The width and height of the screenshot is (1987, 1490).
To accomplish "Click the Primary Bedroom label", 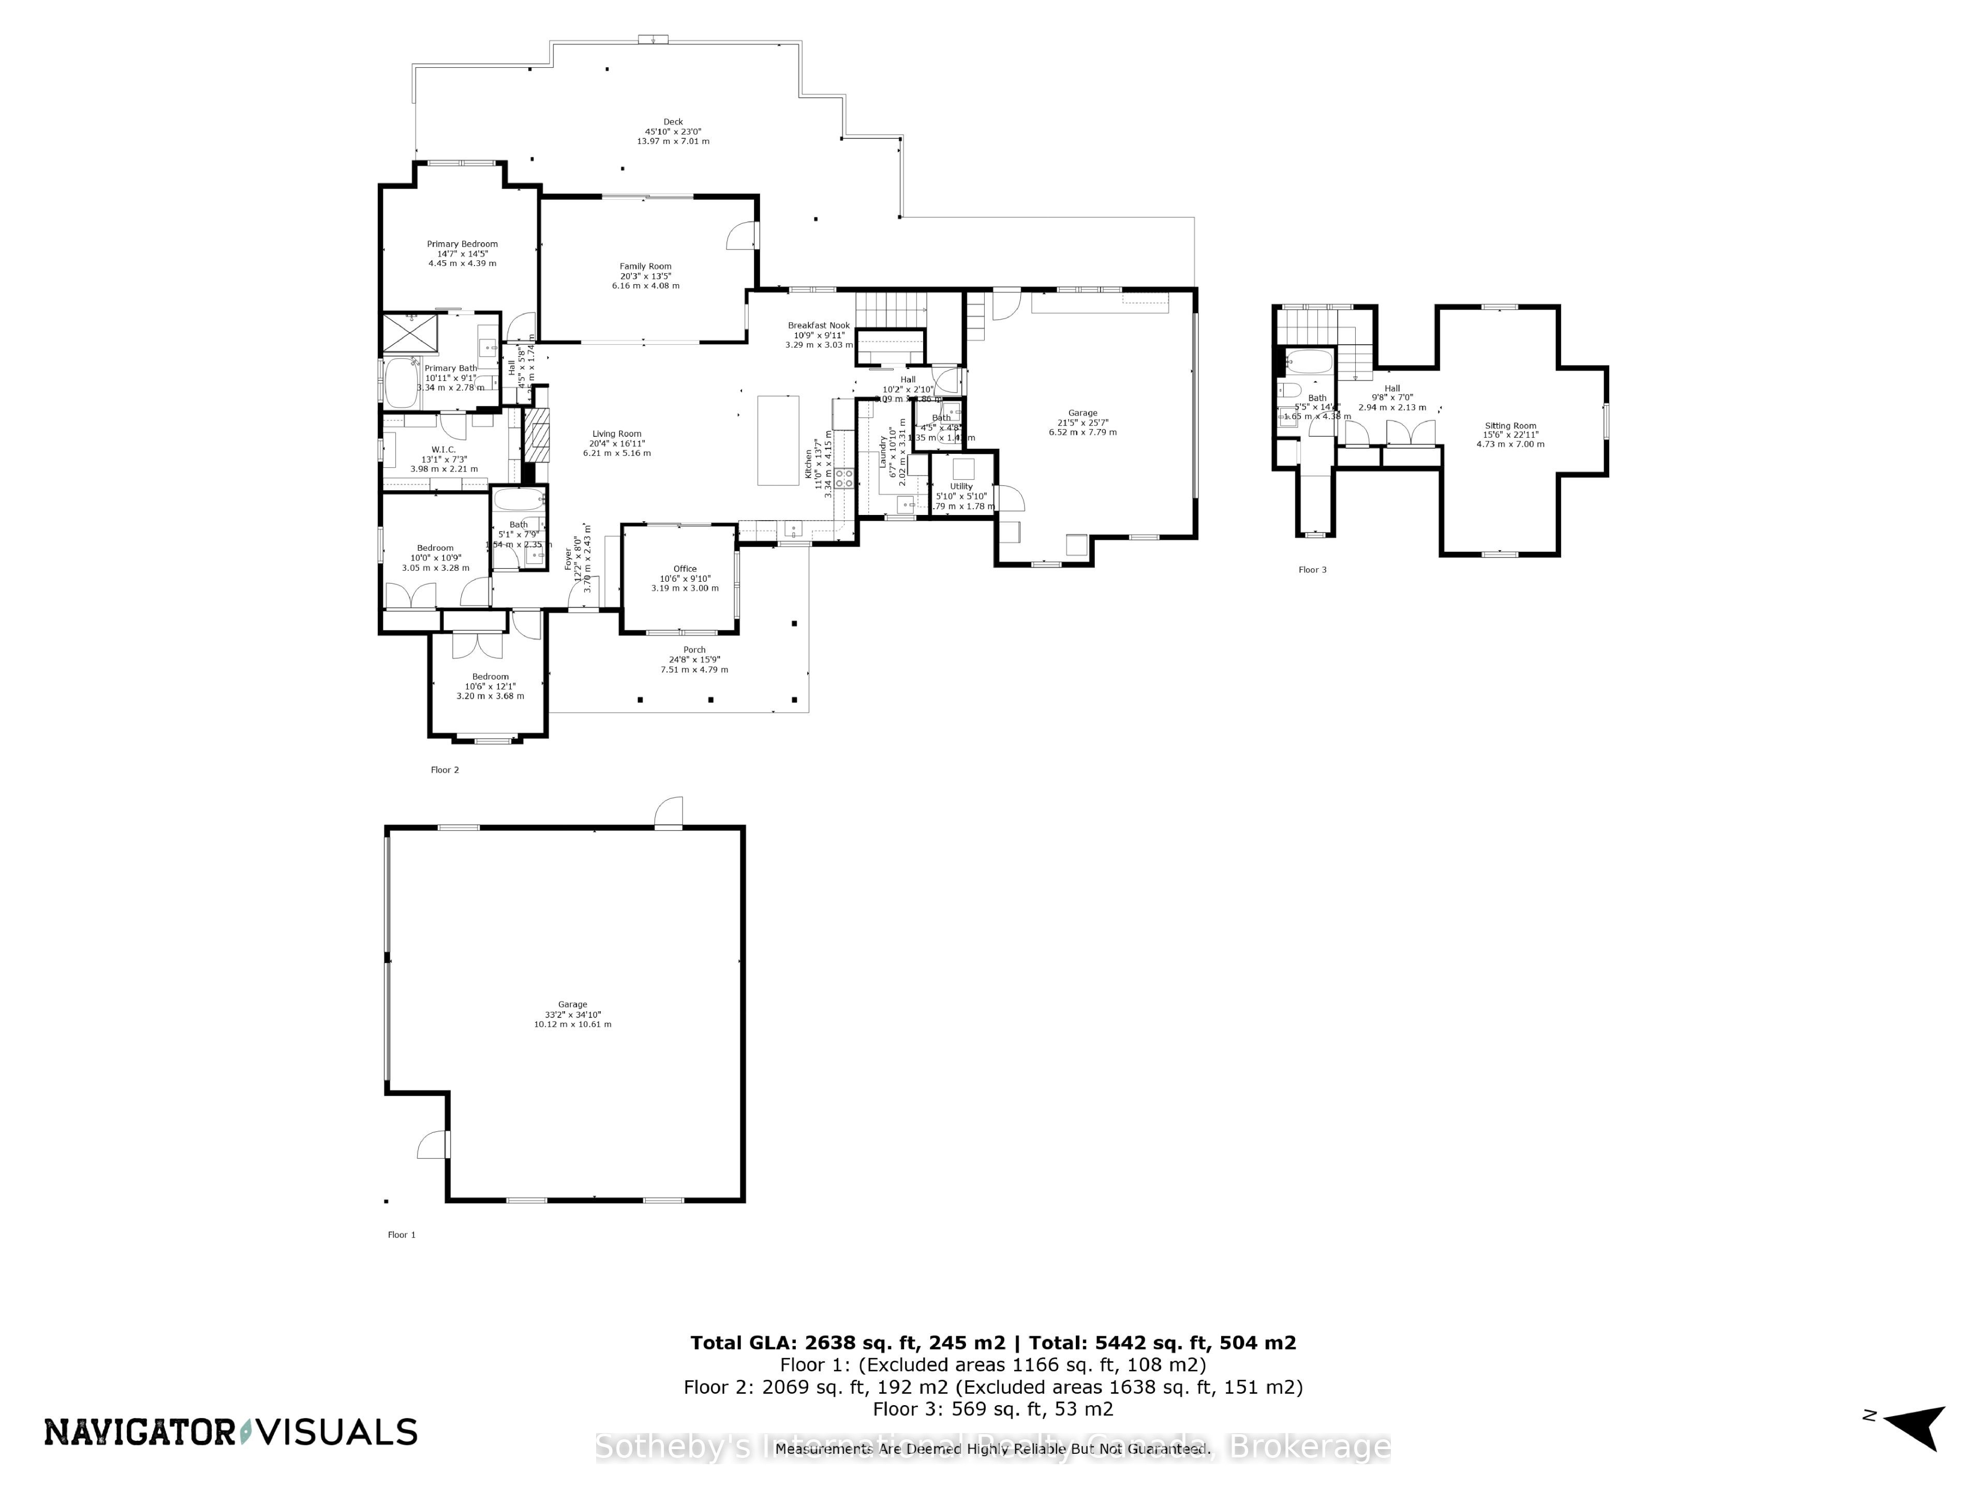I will click(x=462, y=244).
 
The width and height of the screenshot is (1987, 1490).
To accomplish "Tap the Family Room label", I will click(x=645, y=266).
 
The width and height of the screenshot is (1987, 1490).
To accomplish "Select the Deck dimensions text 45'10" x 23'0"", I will click(x=673, y=131).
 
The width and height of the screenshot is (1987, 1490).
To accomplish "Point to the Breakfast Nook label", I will click(x=818, y=326).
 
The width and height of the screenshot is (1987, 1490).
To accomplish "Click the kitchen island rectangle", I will click(x=778, y=440).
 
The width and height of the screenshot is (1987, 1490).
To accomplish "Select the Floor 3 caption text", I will click(x=1312, y=570).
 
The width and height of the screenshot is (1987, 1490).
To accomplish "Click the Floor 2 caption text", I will click(x=444, y=770).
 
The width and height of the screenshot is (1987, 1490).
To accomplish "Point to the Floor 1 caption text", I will click(x=402, y=1235).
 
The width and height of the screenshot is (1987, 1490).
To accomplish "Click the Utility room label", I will click(x=961, y=486).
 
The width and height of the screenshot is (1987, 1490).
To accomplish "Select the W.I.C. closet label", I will click(x=444, y=449).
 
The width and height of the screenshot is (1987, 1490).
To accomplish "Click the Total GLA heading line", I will click(x=992, y=1343).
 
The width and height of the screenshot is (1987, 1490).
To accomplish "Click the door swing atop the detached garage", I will click(x=669, y=812).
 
